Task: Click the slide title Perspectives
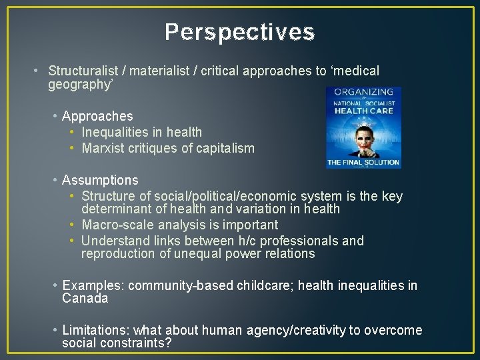point(239,32)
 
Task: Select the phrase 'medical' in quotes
point(355,71)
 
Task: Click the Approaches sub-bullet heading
point(97,116)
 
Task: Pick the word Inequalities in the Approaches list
point(114,132)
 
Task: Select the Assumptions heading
point(100,180)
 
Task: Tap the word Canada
point(85,298)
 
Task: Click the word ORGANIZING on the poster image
point(363,92)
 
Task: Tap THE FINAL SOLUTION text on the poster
point(363,162)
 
